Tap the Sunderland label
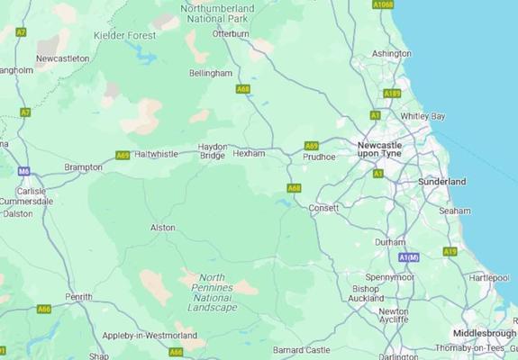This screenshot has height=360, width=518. [442, 182]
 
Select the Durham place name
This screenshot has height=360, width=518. [390, 242]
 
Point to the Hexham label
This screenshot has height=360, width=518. [249, 154]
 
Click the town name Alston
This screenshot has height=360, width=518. [162, 228]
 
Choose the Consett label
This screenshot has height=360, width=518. [323, 208]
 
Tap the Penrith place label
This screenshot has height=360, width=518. [78, 296]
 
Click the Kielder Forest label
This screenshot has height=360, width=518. [124, 35]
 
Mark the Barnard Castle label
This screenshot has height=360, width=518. [302, 349]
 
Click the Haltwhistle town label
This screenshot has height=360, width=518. [156, 154]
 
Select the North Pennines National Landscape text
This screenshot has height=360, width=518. [212, 292]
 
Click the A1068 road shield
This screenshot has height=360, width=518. [383, 4]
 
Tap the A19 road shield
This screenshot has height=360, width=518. [450, 251]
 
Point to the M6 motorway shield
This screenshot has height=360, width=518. [23, 171]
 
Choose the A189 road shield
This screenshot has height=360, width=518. [392, 94]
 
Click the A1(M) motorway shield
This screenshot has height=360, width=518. [410, 257]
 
